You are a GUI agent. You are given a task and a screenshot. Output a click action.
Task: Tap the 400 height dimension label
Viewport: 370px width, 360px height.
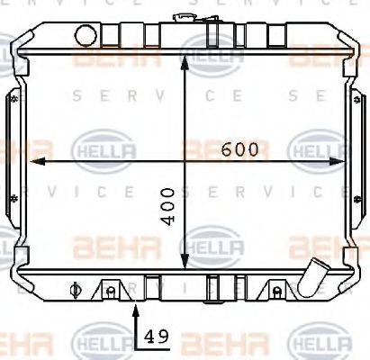pos(169,208)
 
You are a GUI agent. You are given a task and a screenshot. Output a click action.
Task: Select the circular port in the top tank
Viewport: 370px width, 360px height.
pos(86,36)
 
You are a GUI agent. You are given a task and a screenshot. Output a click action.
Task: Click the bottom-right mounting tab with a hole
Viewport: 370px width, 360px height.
pos(275,290)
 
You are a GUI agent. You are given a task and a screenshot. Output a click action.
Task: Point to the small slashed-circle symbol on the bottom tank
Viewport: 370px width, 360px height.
pos(74,291)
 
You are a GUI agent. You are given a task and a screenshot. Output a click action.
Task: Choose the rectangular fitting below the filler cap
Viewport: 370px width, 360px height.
pos(213,36)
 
